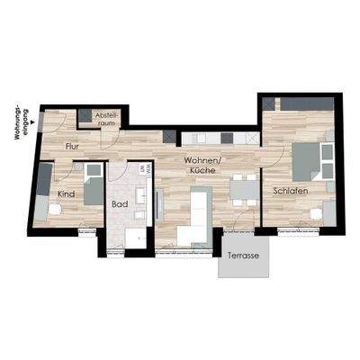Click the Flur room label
click(75, 145)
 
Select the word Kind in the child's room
click(66, 193)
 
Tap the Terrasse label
click(243, 255)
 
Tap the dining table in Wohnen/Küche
click(241, 190)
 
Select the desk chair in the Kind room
click(57, 207)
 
